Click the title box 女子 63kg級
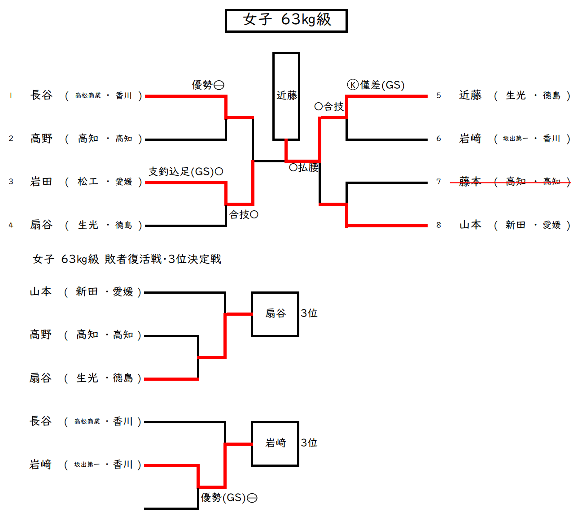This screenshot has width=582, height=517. pyautogui.click(x=286, y=21)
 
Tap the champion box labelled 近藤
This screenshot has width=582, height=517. pyautogui.click(x=286, y=96)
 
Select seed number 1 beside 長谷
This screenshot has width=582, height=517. pyautogui.click(x=11, y=96)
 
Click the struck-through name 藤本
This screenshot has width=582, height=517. pyautogui.click(x=470, y=182)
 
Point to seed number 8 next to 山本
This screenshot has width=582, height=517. pyautogui.click(x=438, y=225)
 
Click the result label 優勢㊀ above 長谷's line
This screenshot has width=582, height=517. pyautogui.click(x=208, y=85)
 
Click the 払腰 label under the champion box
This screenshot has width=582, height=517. pyautogui.click(x=304, y=168)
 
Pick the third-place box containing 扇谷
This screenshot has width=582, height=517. pyautogui.click(x=275, y=314)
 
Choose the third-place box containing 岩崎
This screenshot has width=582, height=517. pyautogui.click(x=275, y=443)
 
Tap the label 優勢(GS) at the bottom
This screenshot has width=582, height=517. pyautogui.click(x=229, y=498)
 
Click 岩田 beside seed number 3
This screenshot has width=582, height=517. pyautogui.click(x=41, y=182)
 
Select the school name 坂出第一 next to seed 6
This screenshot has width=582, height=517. pyautogui.click(x=515, y=139)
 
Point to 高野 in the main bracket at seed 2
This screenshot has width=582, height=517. pyautogui.click(x=41, y=139)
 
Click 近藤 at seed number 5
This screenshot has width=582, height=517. pyautogui.click(x=470, y=96)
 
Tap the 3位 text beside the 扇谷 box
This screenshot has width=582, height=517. pyautogui.click(x=309, y=313)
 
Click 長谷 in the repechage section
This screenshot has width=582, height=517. pyautogui.click(x=41, y=421)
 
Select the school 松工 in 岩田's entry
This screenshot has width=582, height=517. pyautogui.click(x=88, y=182)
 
